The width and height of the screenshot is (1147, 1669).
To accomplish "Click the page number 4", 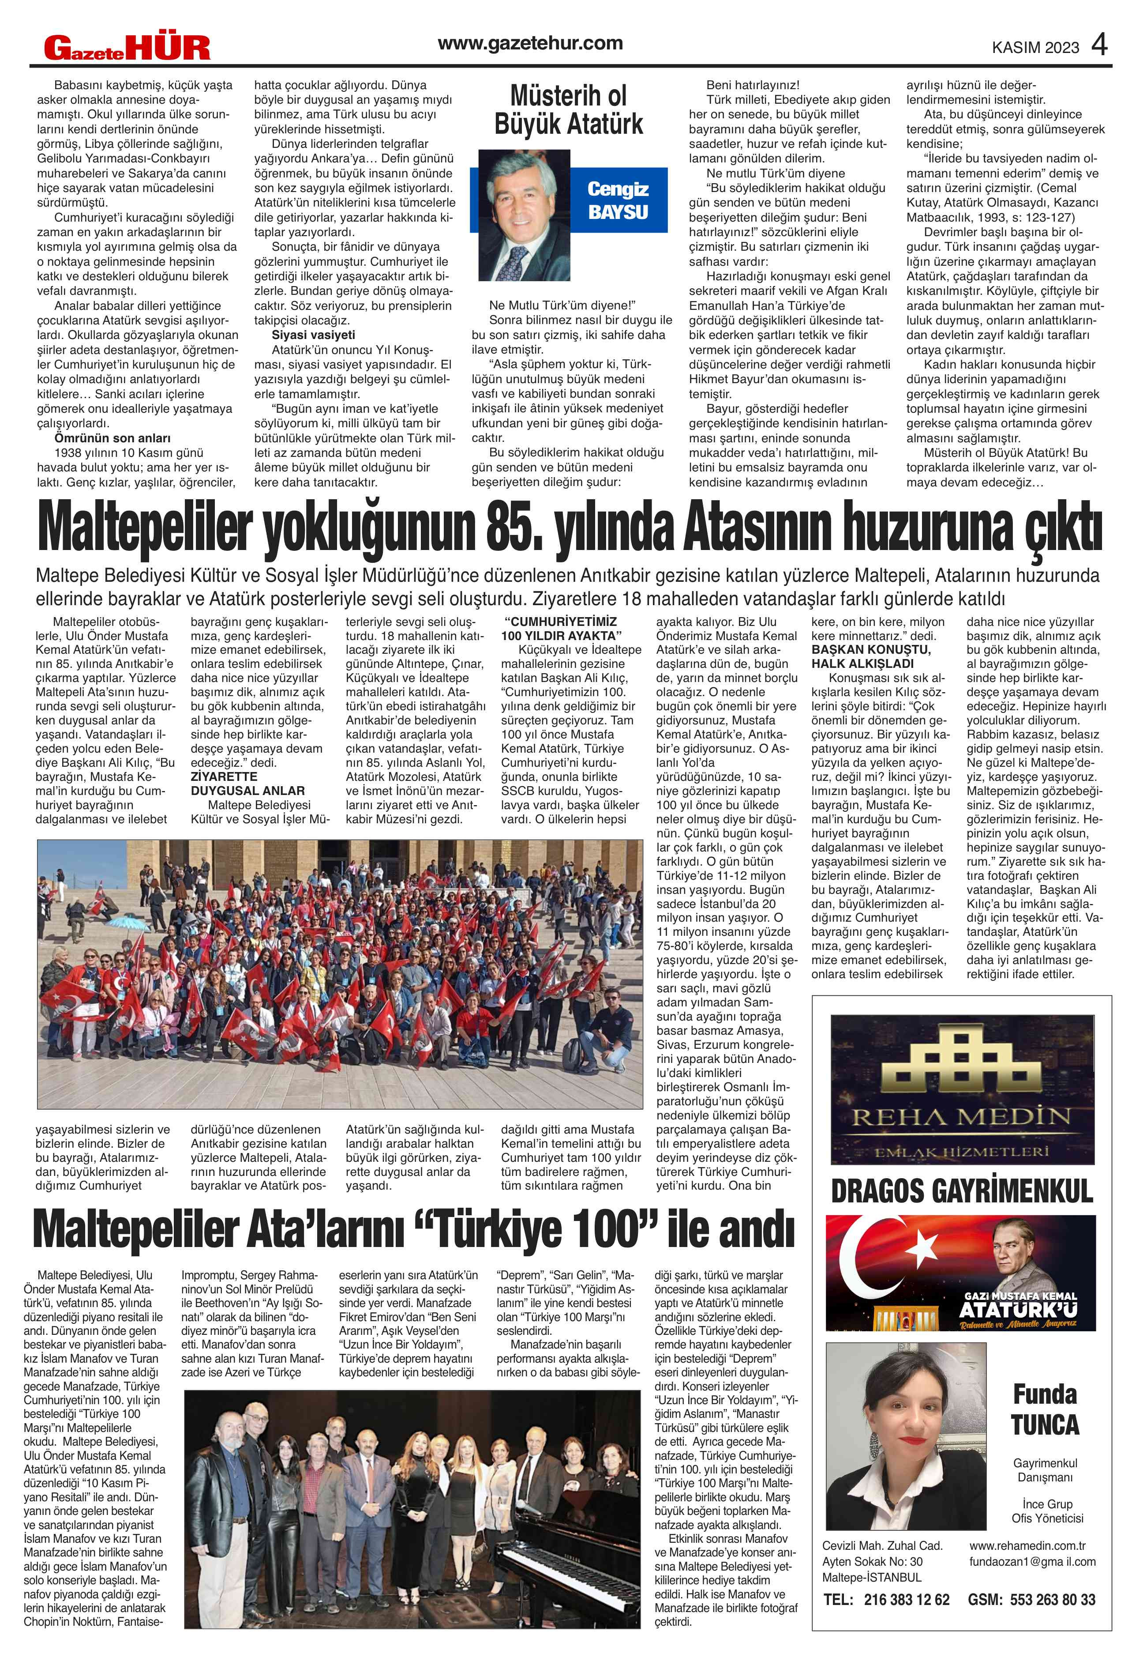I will [1099, 45].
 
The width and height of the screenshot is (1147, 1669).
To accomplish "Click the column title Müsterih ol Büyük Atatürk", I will [569, 110].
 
